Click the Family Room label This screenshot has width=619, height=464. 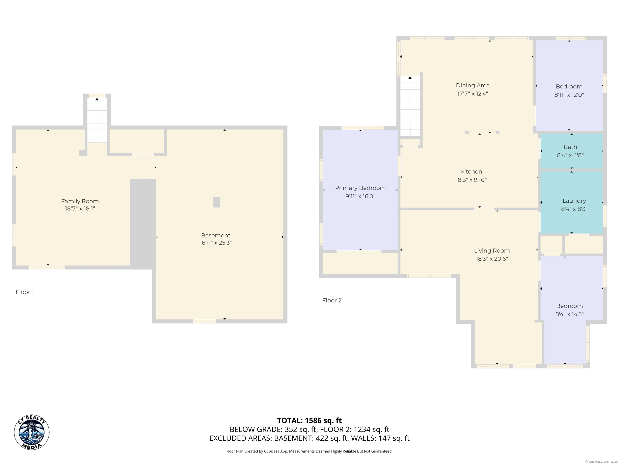point(80,201)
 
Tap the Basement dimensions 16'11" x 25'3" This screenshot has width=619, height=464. point(215,243)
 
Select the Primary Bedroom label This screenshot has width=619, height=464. point(360,188)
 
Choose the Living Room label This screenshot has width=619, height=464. point(492,251)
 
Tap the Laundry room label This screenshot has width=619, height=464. point(574,201)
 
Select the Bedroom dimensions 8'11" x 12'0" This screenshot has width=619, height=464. point(569,95)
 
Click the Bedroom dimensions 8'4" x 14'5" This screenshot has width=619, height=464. point(569,314)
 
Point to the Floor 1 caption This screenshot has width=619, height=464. point(25,292)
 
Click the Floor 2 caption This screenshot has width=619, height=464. point(332,300)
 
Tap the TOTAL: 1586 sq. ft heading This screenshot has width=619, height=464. point(309,420)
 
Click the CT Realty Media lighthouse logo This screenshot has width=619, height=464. point(32,432)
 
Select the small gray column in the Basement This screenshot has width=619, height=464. point(216,202)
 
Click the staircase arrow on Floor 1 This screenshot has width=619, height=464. point(97,120)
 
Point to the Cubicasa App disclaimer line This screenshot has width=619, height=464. point(309,451)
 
